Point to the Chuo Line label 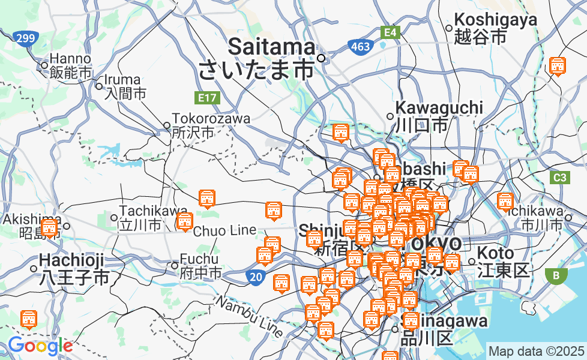[224, 230]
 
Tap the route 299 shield [25, 39]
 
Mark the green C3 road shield [559, 178]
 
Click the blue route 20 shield [254, 277]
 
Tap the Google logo [40, 346]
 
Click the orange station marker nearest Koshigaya [558, 66]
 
